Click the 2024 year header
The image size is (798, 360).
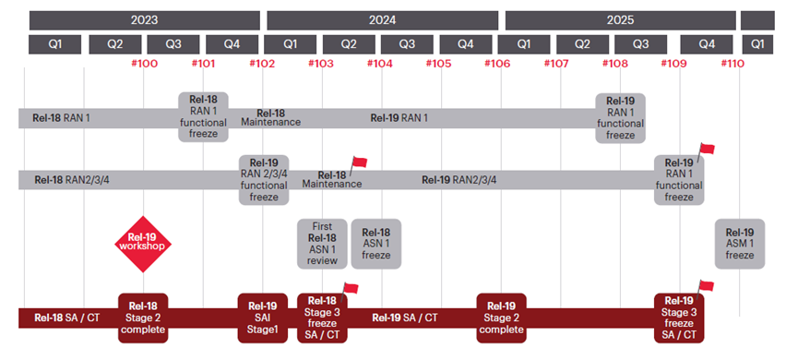(382, 19)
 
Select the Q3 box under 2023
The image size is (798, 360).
(173, 43)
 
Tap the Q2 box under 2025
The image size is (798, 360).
(582, 43)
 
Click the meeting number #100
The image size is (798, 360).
(143, 64)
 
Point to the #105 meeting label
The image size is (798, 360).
(439, 64)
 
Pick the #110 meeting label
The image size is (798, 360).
(732, 64)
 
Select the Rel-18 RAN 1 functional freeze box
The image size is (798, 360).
(203, 117)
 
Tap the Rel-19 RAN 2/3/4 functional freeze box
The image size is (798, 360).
(264, 179)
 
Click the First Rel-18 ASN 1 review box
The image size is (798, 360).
(322, 244)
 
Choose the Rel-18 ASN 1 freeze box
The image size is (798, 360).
(375, 244)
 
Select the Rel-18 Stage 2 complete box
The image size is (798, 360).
(143, 318)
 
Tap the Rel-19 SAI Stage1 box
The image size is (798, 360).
(264, 318)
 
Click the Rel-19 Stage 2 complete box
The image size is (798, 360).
(501, 318)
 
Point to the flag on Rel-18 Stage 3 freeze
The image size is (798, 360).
(350, 289)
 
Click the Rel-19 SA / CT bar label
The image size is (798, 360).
(405, 318)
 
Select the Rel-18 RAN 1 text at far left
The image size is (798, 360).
(61, 118)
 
